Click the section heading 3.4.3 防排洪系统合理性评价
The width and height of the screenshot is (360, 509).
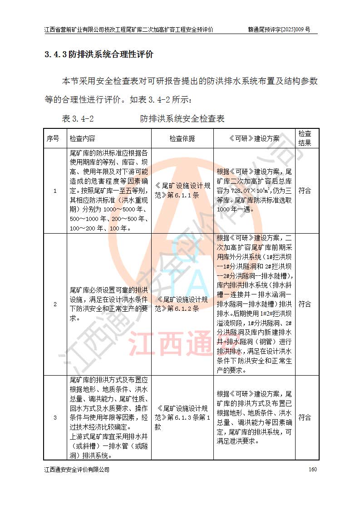(x=99, y=55)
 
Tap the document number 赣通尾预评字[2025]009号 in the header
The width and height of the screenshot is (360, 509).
(x=279, y=29)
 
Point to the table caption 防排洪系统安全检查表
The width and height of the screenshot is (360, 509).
(x=182, y=119)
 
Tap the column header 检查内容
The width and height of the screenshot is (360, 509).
(x=83, y=138)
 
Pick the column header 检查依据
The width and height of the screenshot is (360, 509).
(x=182, y=138)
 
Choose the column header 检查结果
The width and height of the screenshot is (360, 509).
(x=305, y=138)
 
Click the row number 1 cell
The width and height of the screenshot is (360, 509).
(x=55, y=191)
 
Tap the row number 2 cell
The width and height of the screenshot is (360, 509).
(x=55, y=304)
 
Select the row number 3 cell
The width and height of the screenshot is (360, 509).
(x=55, y=417)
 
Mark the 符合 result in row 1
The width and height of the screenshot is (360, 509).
(x=305, y=191)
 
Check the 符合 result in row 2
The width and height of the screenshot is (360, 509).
(x=305, y=304)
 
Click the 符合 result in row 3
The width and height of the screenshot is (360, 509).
(x=305, y=417)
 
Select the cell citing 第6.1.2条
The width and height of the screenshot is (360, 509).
(x=182, y=304)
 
